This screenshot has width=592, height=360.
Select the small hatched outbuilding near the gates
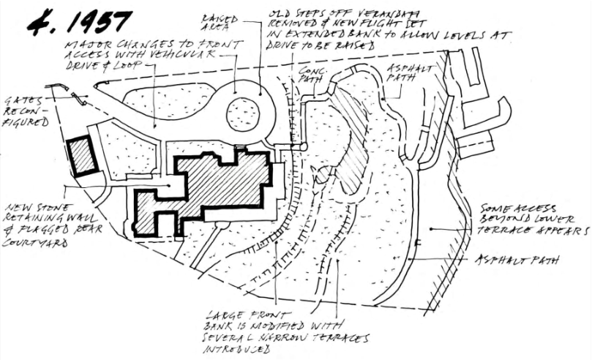(x=81, y=155)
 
